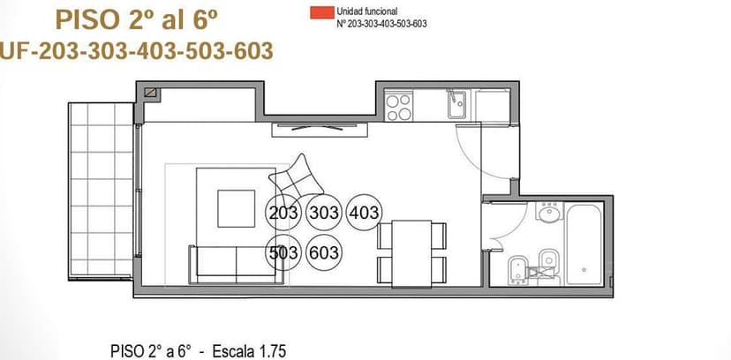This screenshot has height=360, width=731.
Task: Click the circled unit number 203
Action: pyautogui.click(x=283, y=213)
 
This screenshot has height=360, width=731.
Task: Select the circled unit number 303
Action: pyautogui.click(x=323, y=213)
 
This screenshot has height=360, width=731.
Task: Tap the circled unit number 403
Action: pyautogui.click(x=364, y=213)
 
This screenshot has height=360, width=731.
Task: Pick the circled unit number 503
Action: pyautogui.click(x=283, y=253)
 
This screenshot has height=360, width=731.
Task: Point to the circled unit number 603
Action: pyautogui.click(x=323, y=253)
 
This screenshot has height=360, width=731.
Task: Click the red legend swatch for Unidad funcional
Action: pyautogui.click(x=322, y=12)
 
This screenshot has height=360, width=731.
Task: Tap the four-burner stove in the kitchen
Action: pyautogui.click(x=399, y=107)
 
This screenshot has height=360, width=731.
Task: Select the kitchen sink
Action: pyautogui.click(x=457, y=104)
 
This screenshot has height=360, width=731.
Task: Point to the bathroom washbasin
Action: pyautogui.click(x=549, y=212)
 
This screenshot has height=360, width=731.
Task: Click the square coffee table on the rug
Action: pyautogui.click(x=237, y=208)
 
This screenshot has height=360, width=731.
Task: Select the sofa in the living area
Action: pyautogui.click(x=236, y=264)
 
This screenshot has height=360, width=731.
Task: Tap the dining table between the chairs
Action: pyautogui.click(x=411, y=254)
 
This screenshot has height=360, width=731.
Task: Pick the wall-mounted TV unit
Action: pyautogui.click(x=320, y=130)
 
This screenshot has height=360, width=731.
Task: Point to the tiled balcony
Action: pyautogui.click(x=102, y=191)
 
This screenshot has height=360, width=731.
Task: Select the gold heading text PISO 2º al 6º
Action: pyautogui.click(x=137, y=19)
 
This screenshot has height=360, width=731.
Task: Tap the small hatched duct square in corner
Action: pyautogui.click(x=151, y=93)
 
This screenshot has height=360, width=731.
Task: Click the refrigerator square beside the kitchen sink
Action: pyautogui.click(x=493, y=107)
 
